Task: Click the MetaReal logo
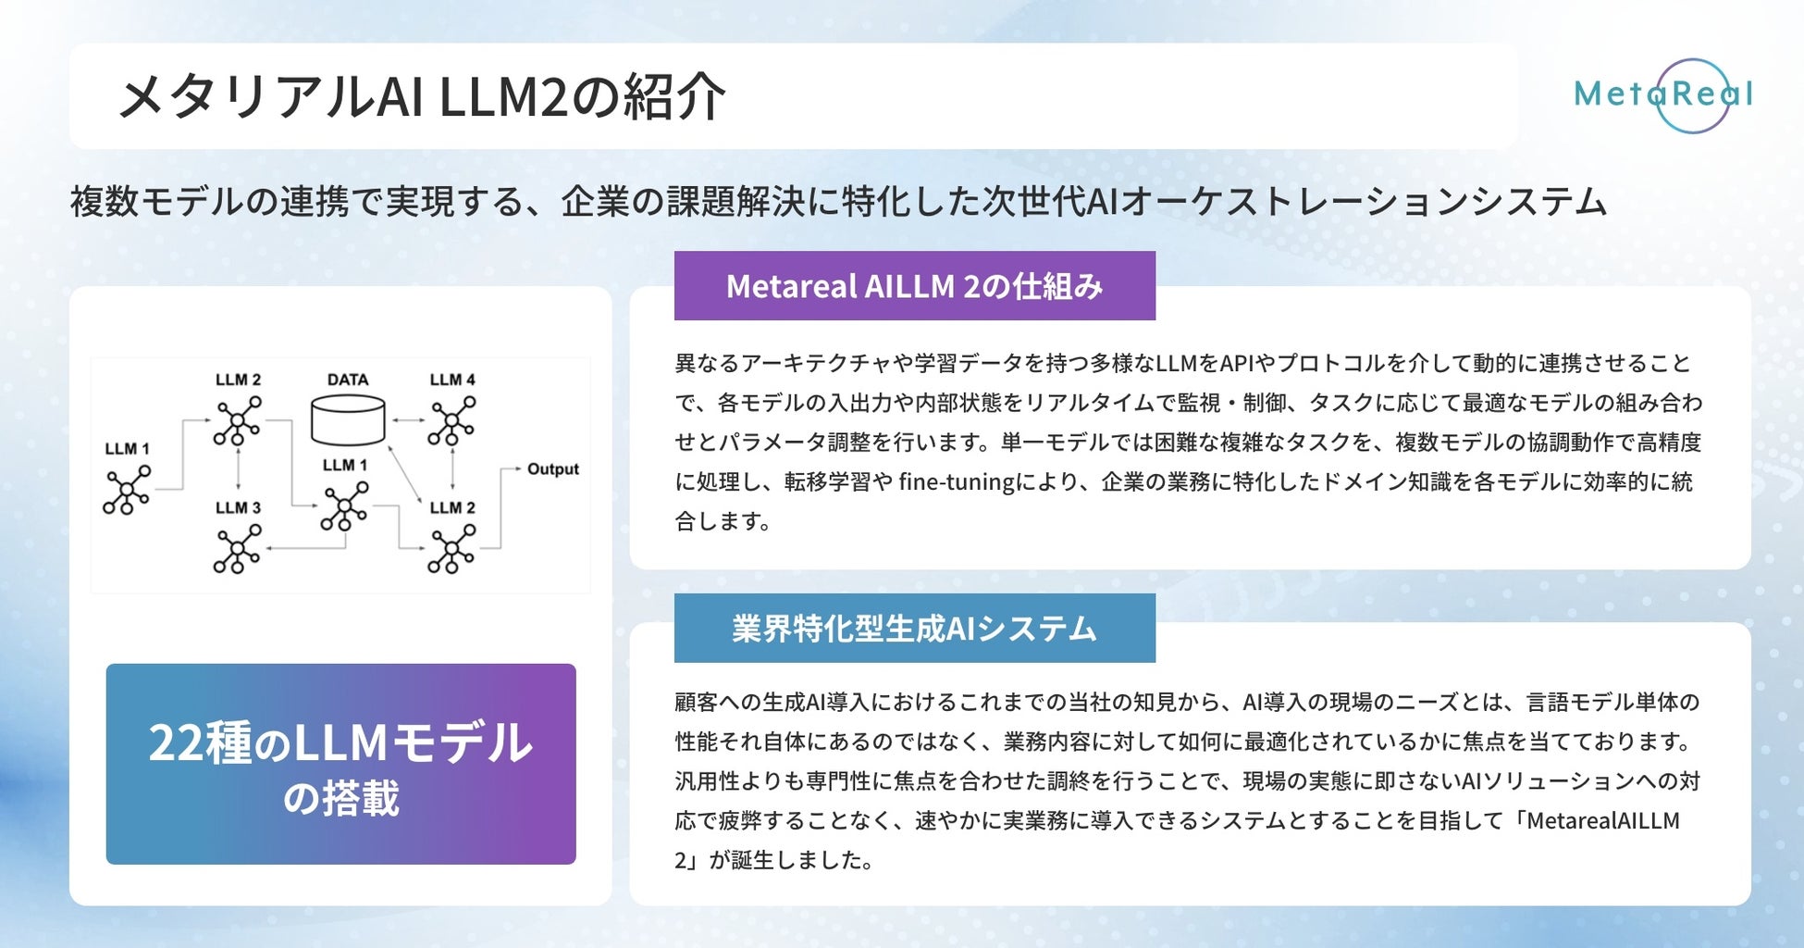point(1663,94)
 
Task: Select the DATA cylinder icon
point(348,420)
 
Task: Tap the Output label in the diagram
point(552,469)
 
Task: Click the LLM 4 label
point(452,380)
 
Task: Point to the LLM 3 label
point(238,507)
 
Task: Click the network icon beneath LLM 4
point(452,421)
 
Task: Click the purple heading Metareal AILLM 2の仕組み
point(914,286)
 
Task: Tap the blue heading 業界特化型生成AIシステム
point(914,629)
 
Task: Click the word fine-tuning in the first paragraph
point(957,482)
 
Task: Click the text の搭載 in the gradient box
point(340,799)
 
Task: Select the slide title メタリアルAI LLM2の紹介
point(422,96)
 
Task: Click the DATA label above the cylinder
point(348,380)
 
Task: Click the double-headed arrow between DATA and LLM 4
point(407,420)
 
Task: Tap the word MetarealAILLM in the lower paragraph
point(1603,821)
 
